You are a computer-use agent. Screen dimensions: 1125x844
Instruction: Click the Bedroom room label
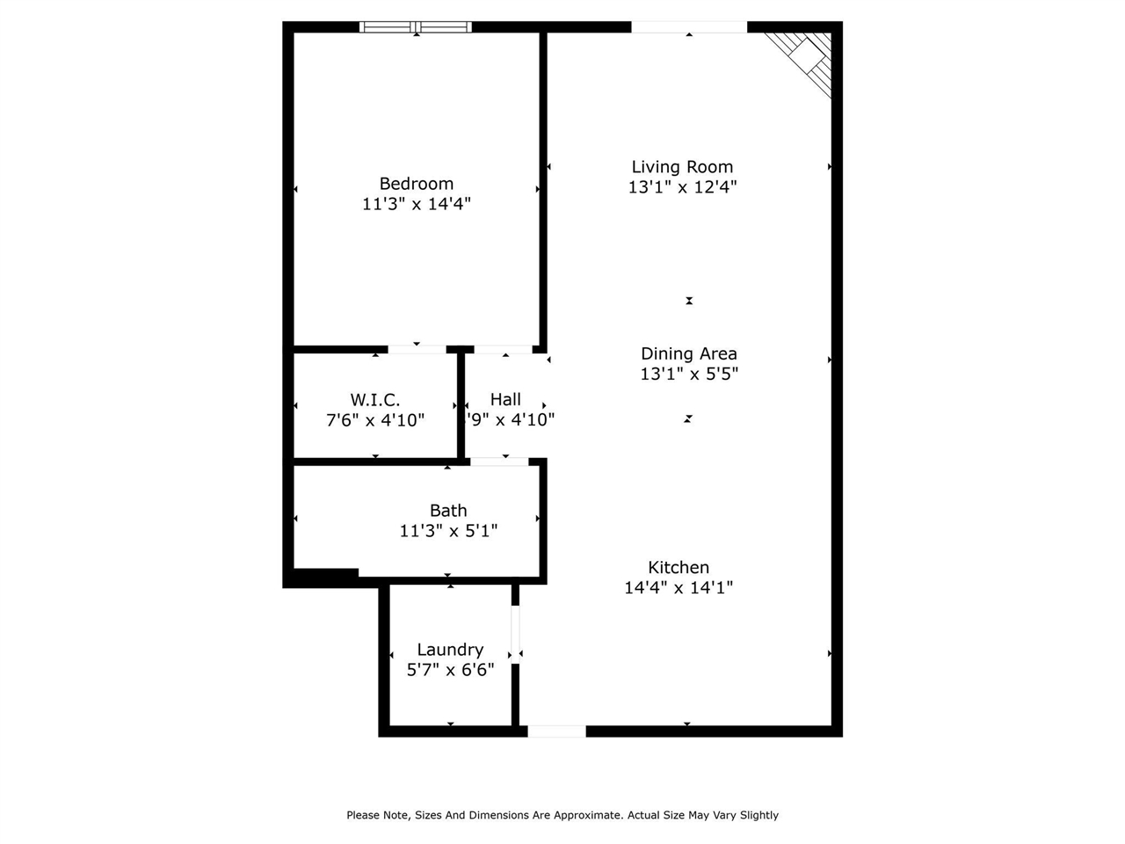coord(417,184)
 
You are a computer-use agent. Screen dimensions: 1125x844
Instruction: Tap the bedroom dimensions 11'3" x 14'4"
coord(417,204)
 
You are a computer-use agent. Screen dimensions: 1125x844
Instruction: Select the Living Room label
coord(682,167)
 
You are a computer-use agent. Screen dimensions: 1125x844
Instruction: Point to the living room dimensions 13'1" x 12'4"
coord(682,187)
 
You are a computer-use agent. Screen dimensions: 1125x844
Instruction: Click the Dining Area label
coord(689,353)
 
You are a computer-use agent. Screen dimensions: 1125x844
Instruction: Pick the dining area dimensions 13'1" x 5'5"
coord(689,375)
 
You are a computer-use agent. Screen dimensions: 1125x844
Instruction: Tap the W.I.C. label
coord(375,400)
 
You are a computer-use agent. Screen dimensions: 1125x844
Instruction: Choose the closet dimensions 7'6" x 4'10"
coord(375,420)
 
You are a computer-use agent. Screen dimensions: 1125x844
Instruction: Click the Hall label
coord(505,399)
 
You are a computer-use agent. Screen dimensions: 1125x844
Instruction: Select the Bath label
coord(448,511)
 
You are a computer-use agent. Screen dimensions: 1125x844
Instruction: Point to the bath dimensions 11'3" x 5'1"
coord(448,530)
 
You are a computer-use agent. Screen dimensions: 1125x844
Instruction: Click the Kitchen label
coord(679,567)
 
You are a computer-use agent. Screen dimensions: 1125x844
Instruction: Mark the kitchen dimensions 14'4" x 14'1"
coord(679,587)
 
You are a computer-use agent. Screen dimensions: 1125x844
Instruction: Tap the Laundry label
coord(450,650)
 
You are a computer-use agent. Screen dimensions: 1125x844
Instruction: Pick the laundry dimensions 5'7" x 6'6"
coord(450,669)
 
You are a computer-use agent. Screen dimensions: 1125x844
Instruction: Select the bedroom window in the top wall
coord(416,26)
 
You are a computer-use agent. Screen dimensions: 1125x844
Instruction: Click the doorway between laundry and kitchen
coord(516,635)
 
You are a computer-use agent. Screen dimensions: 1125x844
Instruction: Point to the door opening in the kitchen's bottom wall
coord(556,731)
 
